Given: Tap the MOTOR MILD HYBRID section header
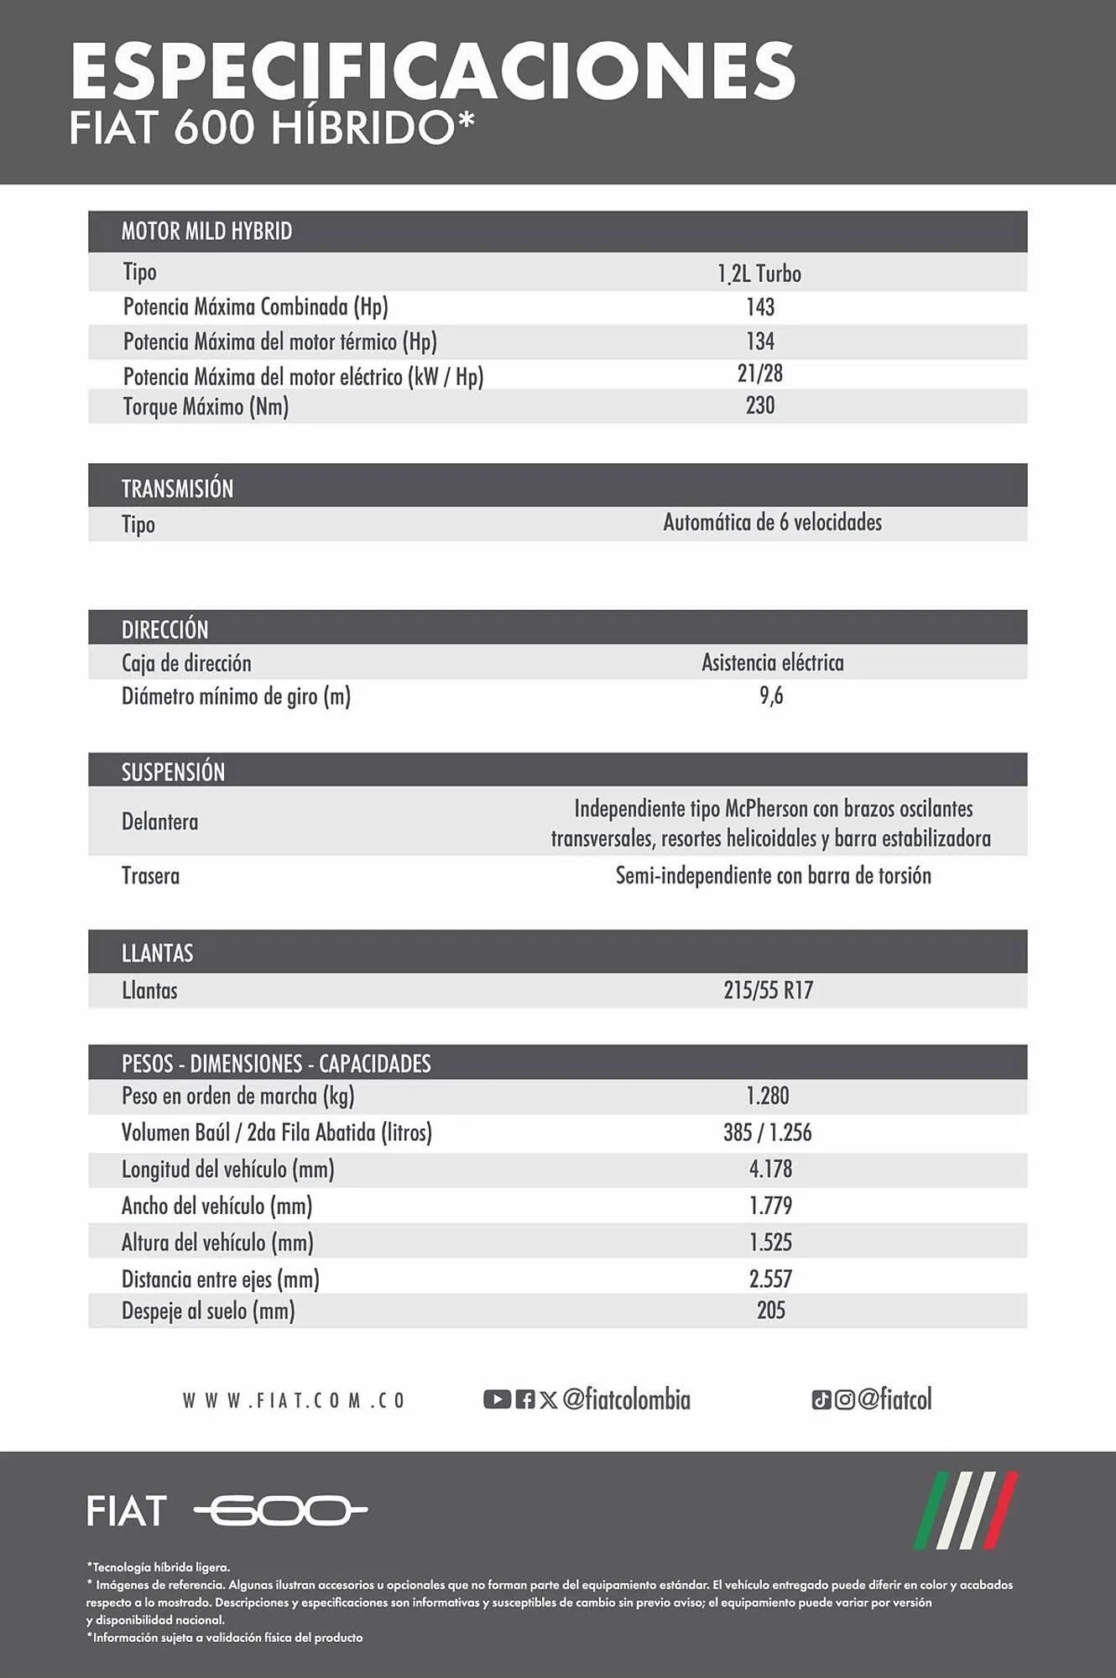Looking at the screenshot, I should coord(206,232).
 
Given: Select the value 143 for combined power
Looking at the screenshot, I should coord(760,307).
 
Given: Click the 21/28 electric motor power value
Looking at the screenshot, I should coord(760,373).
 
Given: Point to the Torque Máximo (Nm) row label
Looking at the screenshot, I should coord(206,407).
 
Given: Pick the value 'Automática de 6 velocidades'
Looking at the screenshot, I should coord(772,523).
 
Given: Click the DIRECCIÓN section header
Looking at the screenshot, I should coord(164,629).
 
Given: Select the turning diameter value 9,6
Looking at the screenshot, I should coord(771,696).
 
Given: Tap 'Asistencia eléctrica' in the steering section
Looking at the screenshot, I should coord(772,663).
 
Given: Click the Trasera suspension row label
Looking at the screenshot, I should coord(150,876).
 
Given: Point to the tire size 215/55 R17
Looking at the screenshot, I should coord(768,991).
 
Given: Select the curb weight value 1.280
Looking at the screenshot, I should coord(768,1096).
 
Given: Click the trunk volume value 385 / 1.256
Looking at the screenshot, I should coord(768,1133).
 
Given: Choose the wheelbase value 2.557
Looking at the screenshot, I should coord(770,1279).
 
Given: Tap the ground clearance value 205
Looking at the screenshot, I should coord(770,1311).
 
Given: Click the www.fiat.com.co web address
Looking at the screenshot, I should coord(294,1400).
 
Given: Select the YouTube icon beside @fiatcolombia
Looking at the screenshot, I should coord(497,1399).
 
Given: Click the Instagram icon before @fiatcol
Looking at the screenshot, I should coord(845,1399).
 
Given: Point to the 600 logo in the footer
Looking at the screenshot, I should coord(281,1511).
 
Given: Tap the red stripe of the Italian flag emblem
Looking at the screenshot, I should coord(1003,1510).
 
